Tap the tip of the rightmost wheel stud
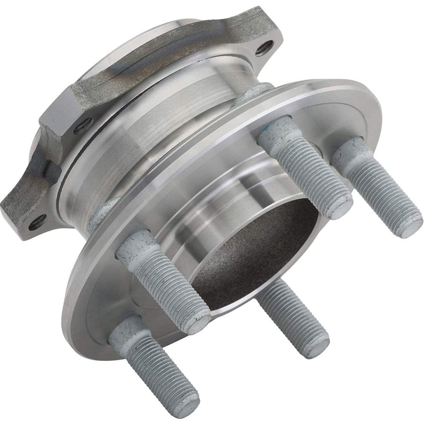(409, 227)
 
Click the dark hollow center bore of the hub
(255, 255)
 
